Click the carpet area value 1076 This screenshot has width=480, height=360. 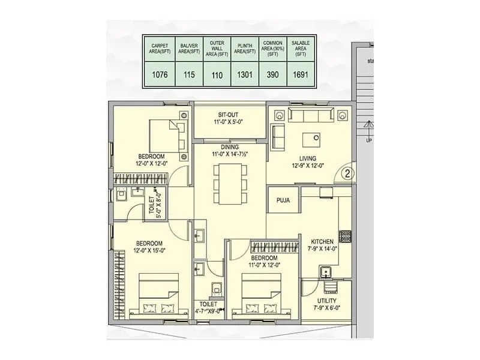point(160,75)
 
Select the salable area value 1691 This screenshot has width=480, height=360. point(299,75)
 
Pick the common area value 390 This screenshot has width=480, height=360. point(272,75)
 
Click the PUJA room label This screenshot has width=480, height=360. point(284,200)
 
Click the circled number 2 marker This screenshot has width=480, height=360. point(347,174)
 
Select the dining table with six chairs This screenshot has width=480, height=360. point(230,184)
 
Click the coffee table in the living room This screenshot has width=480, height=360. point(311,140)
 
